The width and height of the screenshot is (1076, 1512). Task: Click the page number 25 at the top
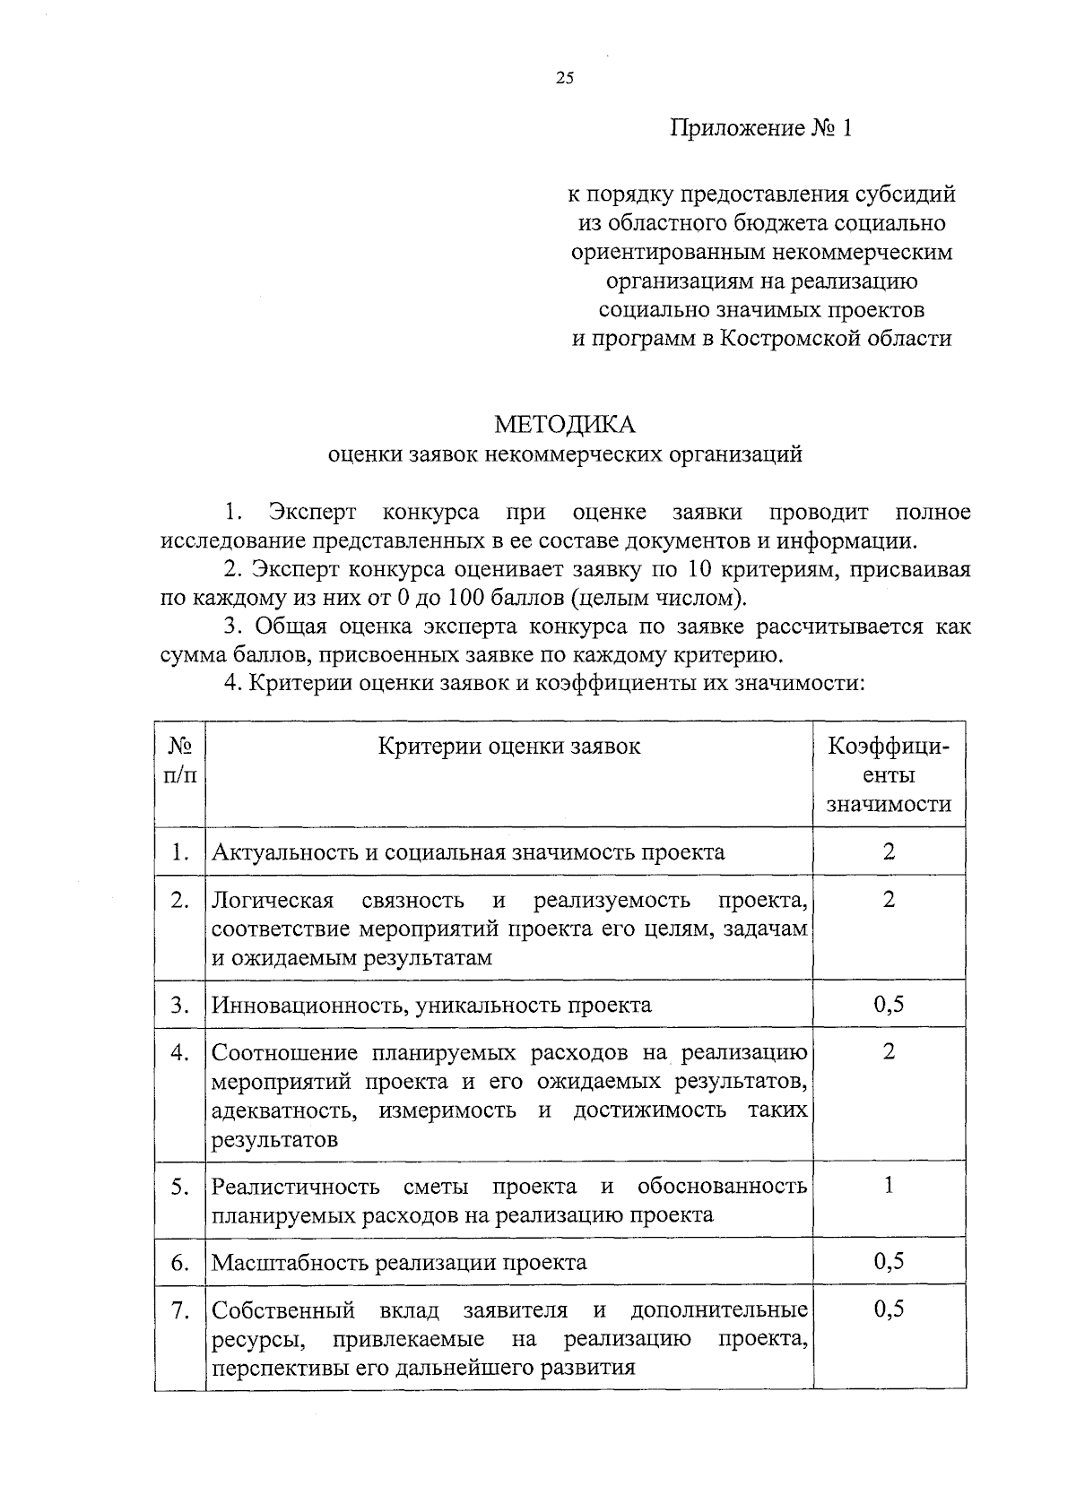(x=564, y=78)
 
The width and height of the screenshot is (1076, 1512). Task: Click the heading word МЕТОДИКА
(x=565, y=423)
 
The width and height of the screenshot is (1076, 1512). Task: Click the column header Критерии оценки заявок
(x=509, y=747)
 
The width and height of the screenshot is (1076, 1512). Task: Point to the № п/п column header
(x=180, y=760)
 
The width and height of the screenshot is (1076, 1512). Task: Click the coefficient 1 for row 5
(x=889, y=1186)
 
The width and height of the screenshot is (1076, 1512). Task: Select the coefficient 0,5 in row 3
(x=889, y=1004)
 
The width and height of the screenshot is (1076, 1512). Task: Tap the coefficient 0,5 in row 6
(x=889, y=1262)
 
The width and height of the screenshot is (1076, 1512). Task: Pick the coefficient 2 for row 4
(x=889, y=1051)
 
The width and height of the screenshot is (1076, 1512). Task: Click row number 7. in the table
(x=180, y=1311)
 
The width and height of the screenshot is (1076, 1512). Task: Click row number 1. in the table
(x=180, y=851)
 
